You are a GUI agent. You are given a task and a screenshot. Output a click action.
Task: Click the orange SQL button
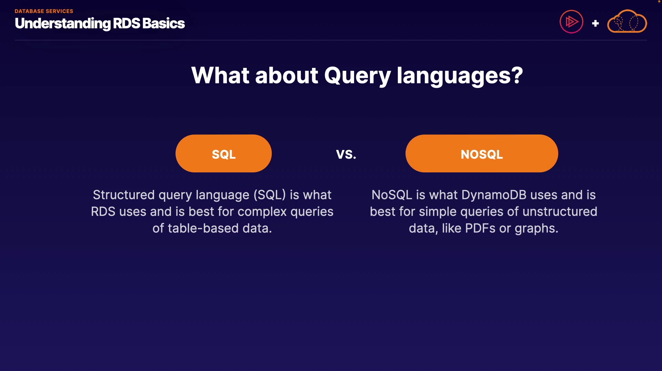(223, 153)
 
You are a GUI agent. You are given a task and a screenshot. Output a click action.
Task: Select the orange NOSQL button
(482, 153)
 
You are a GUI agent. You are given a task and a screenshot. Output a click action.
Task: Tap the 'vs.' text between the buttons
(346, 154)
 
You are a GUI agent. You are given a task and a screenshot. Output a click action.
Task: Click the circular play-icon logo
(571, 22)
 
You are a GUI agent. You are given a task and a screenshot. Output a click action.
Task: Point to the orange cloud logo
(627, 21)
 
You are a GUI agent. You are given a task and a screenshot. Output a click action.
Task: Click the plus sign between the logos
(595, 23)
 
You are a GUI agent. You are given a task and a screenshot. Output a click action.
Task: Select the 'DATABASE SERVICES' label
(44, 11)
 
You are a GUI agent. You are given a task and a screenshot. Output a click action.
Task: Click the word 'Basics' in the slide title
(163, 23)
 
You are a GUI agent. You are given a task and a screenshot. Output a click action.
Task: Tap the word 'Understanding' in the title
(63, 24)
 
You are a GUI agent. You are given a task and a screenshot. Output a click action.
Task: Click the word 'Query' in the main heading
(358, 76)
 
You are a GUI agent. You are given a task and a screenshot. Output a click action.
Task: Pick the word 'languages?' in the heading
(460, 76)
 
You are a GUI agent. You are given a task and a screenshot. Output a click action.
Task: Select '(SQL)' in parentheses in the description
(270, 195)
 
